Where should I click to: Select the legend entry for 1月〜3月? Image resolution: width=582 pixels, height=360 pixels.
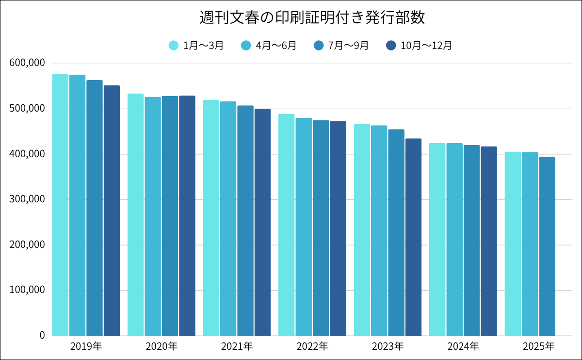click(196, 46)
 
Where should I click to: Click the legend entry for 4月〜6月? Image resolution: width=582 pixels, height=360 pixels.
click(269, 46)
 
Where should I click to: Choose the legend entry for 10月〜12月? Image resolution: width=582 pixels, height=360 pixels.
click(419, 46)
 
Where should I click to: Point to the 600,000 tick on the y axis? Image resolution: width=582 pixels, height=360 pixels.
click(27, 63)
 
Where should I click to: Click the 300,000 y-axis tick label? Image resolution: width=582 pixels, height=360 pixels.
click(27, 199)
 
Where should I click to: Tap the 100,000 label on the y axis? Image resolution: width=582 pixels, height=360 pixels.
click(27, 290)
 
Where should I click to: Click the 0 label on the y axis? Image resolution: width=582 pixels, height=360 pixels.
click(42, 335)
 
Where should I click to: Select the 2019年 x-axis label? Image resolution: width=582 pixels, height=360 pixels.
click(86, 346)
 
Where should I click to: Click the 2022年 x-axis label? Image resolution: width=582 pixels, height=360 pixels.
click(312, 346)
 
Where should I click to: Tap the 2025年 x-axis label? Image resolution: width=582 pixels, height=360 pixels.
click(538, 346)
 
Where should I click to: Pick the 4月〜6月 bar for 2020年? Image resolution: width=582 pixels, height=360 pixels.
click(153, 216)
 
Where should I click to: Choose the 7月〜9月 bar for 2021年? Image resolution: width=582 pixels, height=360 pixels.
click(245, 221)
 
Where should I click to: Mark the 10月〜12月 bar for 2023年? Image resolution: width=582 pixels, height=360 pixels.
click(413, 237)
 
